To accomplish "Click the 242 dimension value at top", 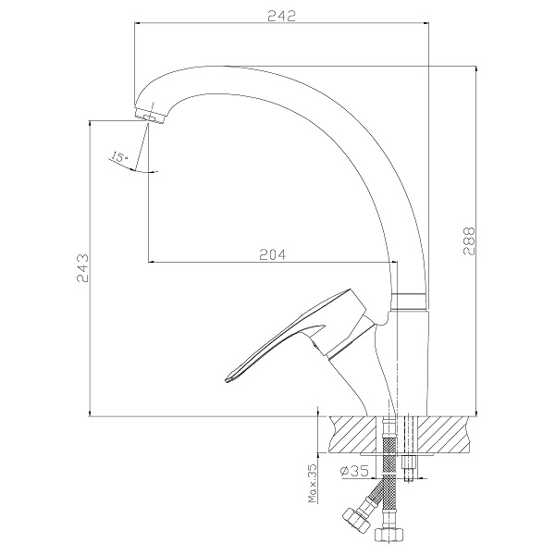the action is (x=281, y=16).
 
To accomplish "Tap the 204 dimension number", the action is (x=273, y=254).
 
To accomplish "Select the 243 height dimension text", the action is (x=83, y=268).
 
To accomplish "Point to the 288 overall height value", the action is (x=469, y=240).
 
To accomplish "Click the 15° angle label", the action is (x=119, y=156).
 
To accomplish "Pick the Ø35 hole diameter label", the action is (x=353, y=471).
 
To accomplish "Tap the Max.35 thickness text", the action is (x=313, y=484).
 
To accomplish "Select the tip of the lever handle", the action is (x=226, y=380).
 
